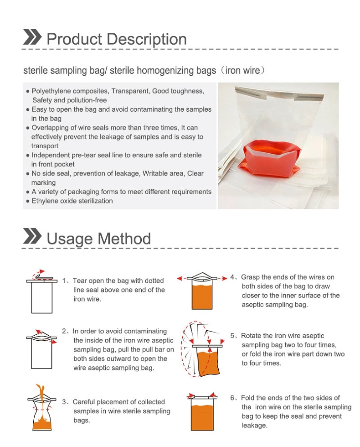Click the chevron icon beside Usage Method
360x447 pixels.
pyautogui.click(x=32, y=237)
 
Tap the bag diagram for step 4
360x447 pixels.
pyautogui.click(x=203, y=294)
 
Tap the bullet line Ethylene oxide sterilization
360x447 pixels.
pyautogui.click(x=72, y=201)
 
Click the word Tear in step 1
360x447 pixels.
pyautogui.click(x=80, y=281)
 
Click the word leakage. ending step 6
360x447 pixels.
pyautogui.click(x=254, y=425)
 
